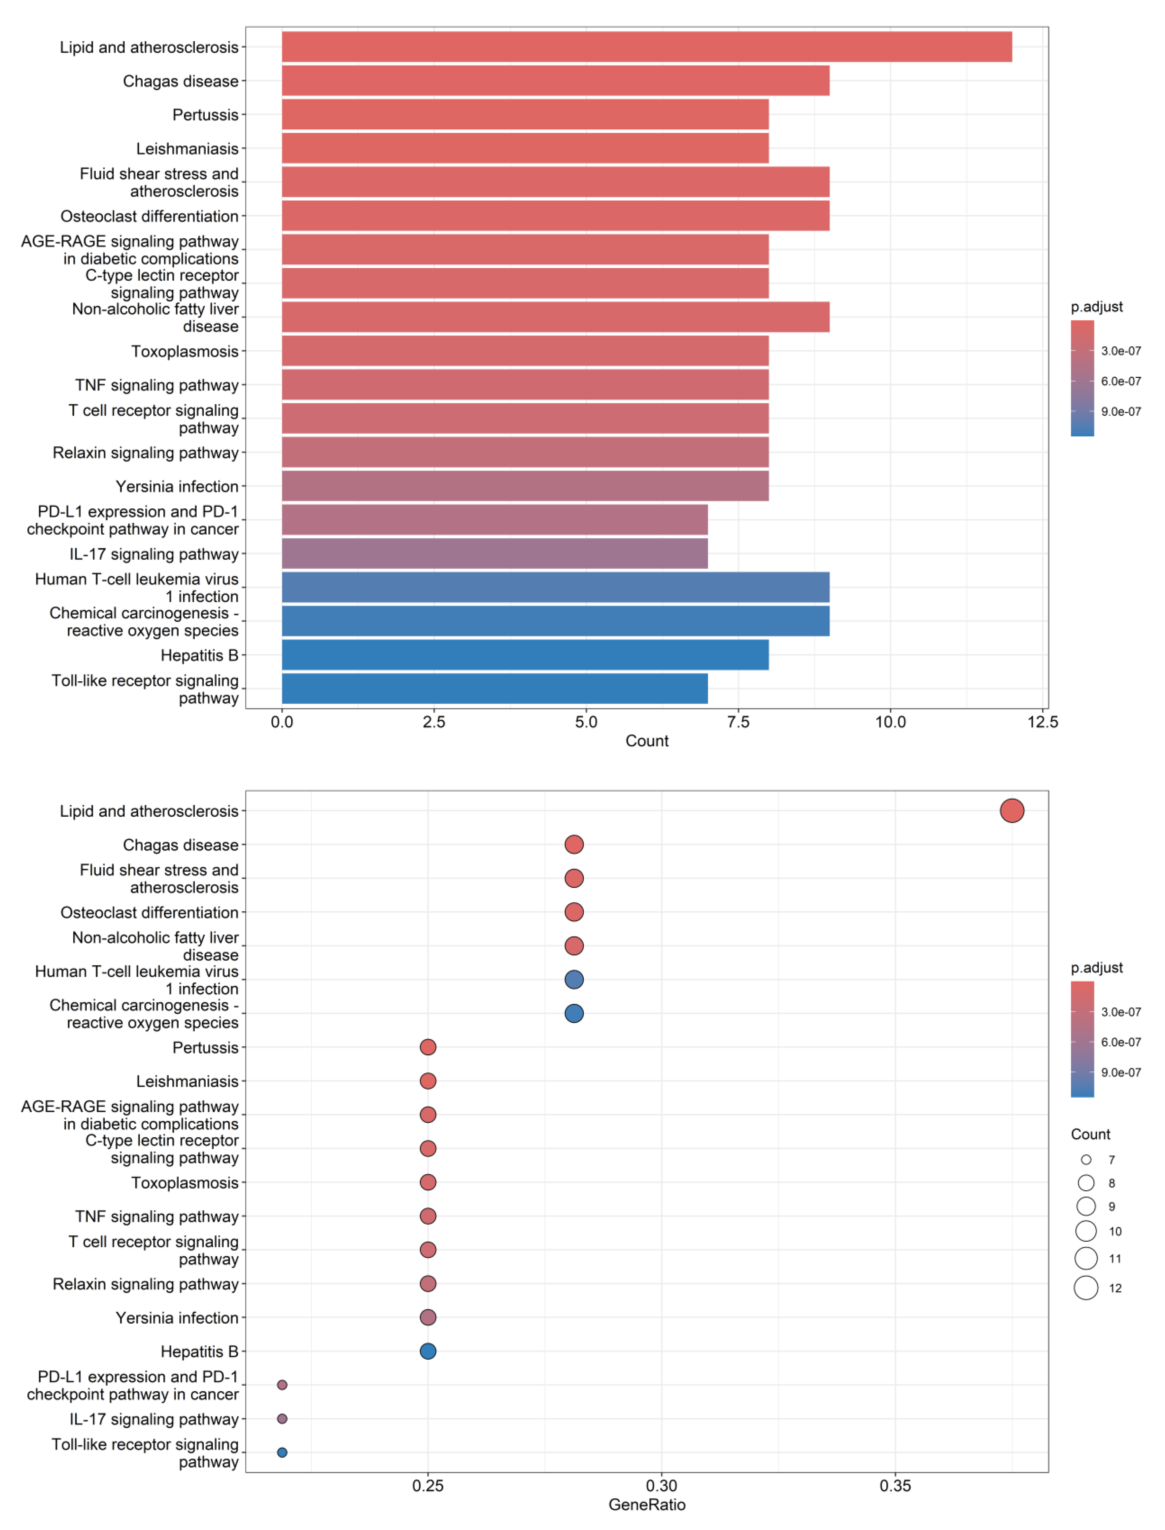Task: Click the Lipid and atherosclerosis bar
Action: pyautogui.click(x=646, y=47)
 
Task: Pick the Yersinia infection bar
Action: pyautogui.click(x=525, y=486)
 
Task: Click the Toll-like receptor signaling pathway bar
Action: pyautogui.click(x=495, y=688)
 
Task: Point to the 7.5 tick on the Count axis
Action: pyautogui.click(x=738, y=722)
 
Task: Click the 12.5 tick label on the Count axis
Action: pyautogui.click(x=1042, y=722)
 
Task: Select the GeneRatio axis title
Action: pyautogui.click(x=646, y=1504)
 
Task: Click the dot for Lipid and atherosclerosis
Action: pyautogui.click(x=1012, y=810)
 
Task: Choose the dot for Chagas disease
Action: pyautogui.click(x=573, y=844)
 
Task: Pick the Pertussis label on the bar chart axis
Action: pyautogui.click(x=205, y=115)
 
